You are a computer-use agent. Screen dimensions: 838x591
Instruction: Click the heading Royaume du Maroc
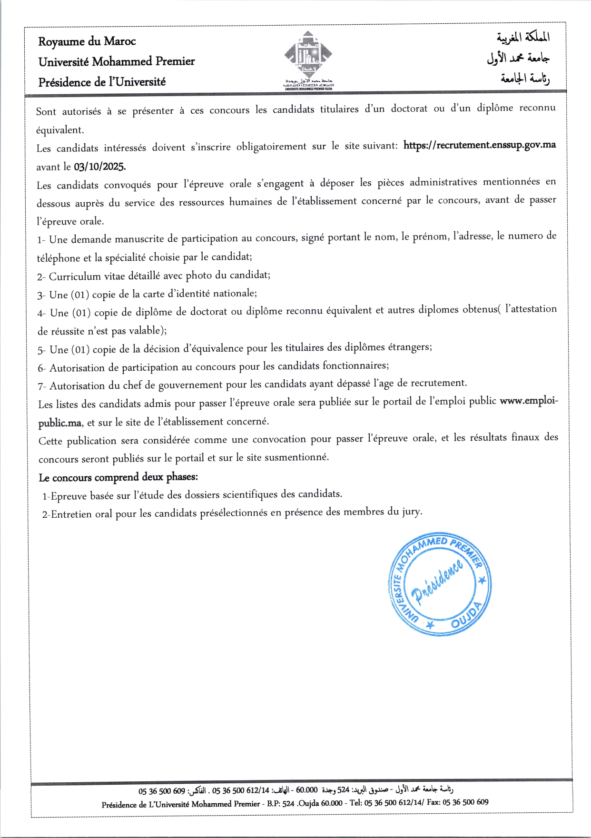[87, 41]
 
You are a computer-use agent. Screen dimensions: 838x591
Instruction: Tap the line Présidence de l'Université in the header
[102, 82]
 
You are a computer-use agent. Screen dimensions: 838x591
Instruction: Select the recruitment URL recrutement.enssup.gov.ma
[479, 145]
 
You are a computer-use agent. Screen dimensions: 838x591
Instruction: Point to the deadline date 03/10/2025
[99, 167]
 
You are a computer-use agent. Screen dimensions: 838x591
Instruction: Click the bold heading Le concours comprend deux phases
[118, 477]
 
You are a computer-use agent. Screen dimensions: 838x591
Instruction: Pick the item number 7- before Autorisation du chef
[42, 386]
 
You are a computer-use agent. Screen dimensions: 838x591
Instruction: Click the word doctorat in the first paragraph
[409, 108]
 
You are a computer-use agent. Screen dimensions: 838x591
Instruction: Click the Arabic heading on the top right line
[523, 37]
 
